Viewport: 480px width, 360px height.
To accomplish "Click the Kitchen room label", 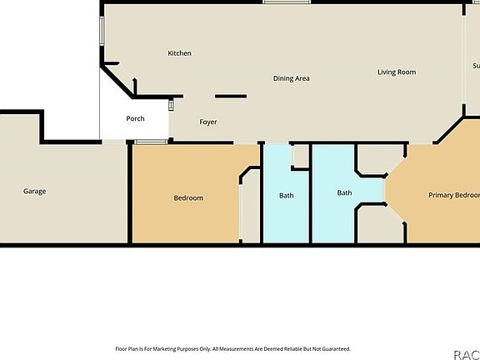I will pos(179,53).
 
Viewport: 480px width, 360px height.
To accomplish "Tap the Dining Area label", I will pos(292,78).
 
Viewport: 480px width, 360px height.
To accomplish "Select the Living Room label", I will pos(397,72).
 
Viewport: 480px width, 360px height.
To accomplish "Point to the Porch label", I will pos(135,118).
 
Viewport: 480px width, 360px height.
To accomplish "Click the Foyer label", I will pos(208,122).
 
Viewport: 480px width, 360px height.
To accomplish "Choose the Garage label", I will pos(34,191).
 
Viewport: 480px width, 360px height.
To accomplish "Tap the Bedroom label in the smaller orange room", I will pos(188,197).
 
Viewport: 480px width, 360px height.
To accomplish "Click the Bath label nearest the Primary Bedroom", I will pos(344,193).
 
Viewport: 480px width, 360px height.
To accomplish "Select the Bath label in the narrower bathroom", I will pos(286,196).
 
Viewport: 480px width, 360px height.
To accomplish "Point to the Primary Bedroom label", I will pos(453,195).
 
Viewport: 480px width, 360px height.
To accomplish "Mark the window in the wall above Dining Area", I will pos(281,2).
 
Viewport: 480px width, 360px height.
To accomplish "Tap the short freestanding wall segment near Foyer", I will pos(231,97).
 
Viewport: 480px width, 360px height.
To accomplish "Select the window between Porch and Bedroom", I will pos(151,142).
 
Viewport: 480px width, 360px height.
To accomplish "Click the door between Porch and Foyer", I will pos(172,105).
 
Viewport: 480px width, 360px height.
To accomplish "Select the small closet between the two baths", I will pos(300,155).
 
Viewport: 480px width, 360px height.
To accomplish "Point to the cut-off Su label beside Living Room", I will pos(476,66).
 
